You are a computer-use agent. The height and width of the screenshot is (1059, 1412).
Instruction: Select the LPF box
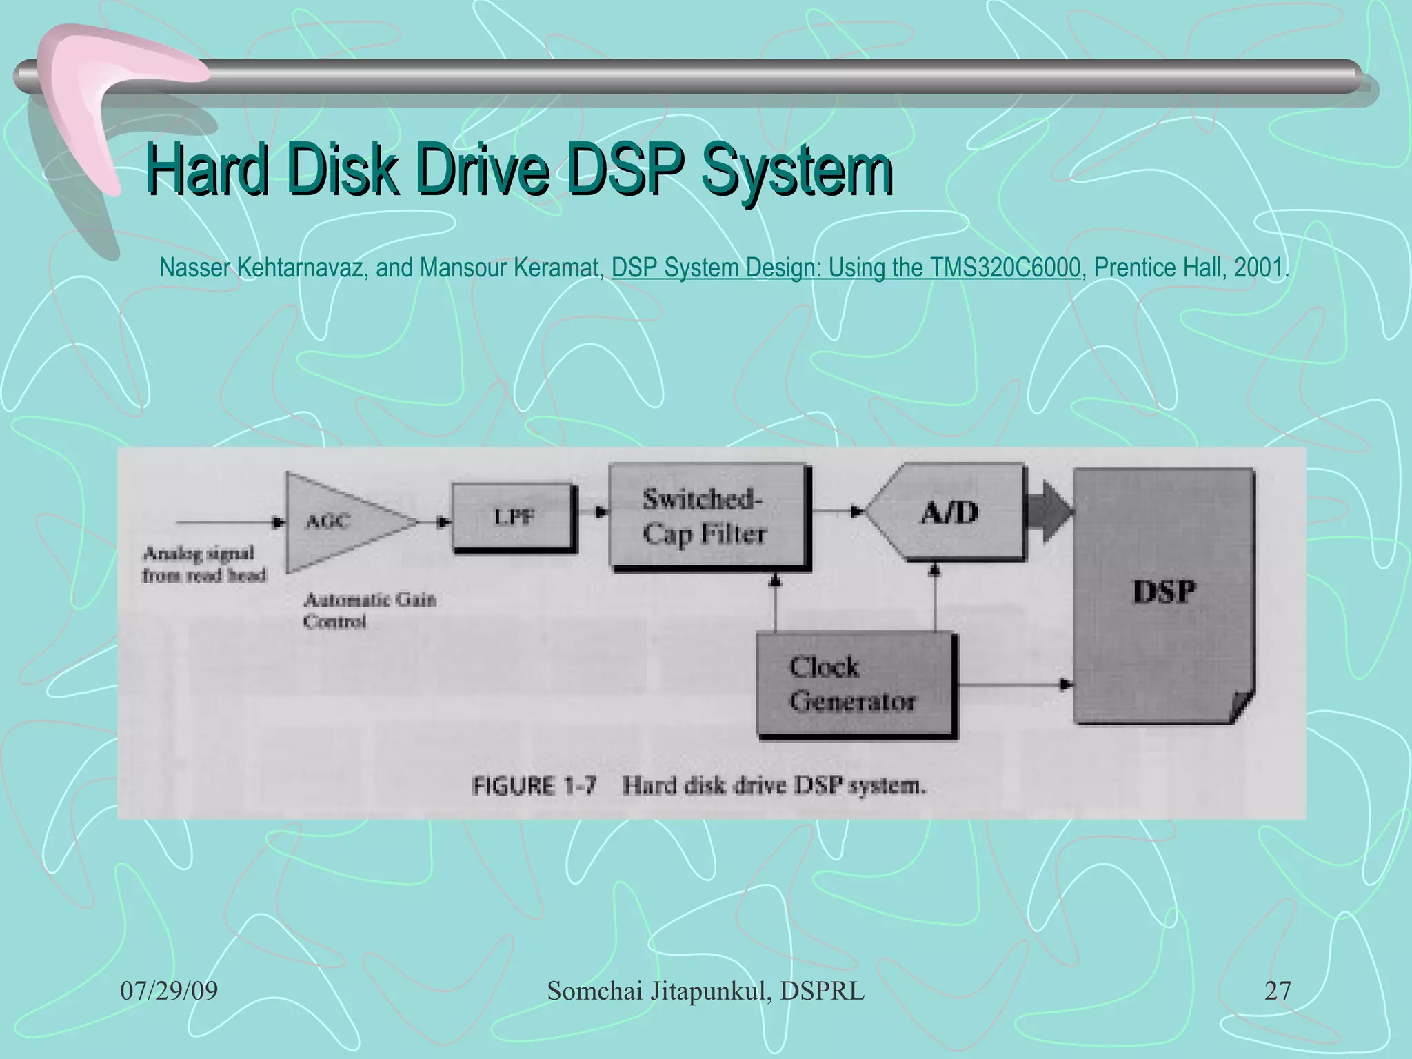(x=514, y=517)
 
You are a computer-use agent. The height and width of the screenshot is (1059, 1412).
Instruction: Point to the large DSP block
(x=1164, y=593)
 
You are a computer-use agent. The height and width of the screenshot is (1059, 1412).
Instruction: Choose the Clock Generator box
(x=855, y=684)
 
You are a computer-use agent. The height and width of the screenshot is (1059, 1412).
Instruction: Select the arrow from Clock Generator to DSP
(x=1013, y=685)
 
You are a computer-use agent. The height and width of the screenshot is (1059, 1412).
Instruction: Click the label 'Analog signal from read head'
(x=203, y=564)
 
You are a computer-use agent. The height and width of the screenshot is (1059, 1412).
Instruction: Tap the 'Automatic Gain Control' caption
(x=370, y=610)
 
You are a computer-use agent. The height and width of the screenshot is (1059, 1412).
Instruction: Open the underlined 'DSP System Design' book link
(x=845, y=268)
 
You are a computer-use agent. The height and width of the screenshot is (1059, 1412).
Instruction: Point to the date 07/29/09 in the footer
(x=169, y=991)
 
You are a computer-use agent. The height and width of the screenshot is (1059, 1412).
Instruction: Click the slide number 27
(x=1277, y=991)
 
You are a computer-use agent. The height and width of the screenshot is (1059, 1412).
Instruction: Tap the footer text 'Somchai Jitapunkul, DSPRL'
(x=705, y=991)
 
